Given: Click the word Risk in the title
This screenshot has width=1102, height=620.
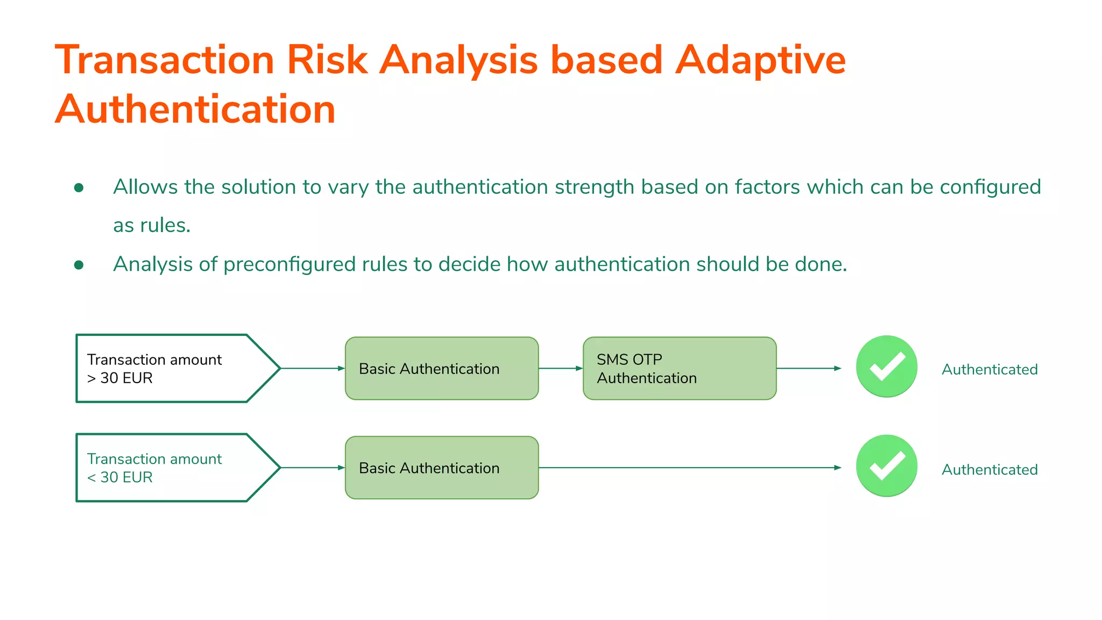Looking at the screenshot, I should pyautogui.click(x=327, y=60).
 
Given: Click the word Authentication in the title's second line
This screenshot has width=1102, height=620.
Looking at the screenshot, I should pyautogui.click(x=195, y=109).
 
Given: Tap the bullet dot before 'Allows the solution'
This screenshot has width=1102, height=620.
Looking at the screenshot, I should pyautogui.click(x=79, y=187).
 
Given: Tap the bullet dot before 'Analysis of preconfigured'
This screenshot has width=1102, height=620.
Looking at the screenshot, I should pyautogui.click(x=79, y=265).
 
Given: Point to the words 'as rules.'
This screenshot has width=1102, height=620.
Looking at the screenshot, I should pyautogui.click(x=152, y=226).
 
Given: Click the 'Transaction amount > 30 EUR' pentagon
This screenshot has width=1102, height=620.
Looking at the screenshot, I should pyautogui.click(x=172, y=369).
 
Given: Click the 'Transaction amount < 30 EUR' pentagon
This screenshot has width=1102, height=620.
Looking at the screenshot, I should pyautogui.click(x=172, y=468).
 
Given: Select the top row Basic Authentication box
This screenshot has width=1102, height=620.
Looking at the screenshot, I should pyautogui.click(x=441, y=369).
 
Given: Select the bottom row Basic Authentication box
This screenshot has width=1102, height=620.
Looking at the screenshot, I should pyautogui.click(x=441, y=468).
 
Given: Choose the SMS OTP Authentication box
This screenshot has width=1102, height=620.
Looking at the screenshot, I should pyautogui.click(x=679, y=369).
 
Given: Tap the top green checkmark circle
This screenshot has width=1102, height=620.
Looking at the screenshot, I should pyautogui.click(x=886, y=367).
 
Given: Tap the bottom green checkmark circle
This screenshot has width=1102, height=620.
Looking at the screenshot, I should pyautogui.click(x=886, y=466).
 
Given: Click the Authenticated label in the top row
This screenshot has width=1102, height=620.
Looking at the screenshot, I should pyautogui.click(x=989, y=370).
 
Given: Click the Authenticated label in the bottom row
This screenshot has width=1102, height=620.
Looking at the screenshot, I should pyautogui.click(x=989, y=470).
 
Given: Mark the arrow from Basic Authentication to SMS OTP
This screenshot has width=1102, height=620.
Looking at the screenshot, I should pyautogui.click(x=560, y=369).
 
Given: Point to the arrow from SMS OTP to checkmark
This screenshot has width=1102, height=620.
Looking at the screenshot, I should pyautogui.click(x=808, y=369).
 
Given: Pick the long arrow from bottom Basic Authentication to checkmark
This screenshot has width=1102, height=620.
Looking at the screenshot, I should pyautogui.click(x=689, y=468).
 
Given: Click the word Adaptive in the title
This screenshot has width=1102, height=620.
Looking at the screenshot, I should pyautogui.click(x=760, y=60).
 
